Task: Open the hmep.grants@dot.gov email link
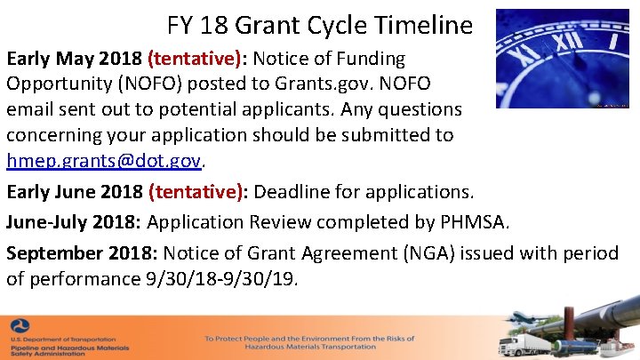[105, 161]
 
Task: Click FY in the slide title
[181, 25]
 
